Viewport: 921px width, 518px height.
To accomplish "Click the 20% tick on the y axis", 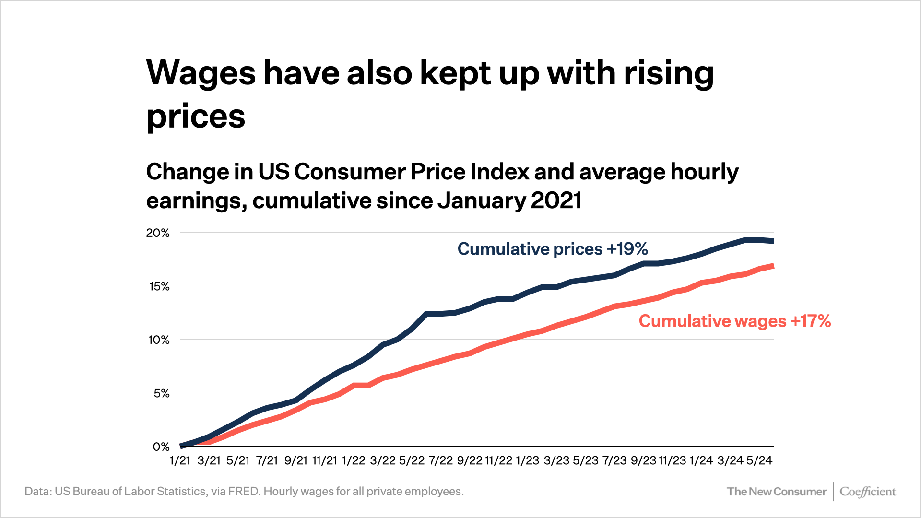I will (x=158, y=233).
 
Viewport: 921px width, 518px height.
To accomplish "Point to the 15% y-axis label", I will (x=159, y=287).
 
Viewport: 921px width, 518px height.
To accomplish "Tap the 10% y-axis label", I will (x=159, y=340).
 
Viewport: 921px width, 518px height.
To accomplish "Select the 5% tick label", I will (x=161, y=394).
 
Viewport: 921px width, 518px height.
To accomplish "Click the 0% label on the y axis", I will (x=161, y=447).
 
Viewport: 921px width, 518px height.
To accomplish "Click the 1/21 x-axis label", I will (x=180, y=461).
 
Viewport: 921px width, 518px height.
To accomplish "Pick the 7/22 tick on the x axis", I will (x=440, y=461).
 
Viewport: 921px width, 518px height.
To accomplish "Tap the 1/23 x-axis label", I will (x=527, y=461).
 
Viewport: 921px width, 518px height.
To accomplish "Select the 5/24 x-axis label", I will (x=759, y=461).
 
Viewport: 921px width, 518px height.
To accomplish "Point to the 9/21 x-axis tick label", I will (x=295, y=461).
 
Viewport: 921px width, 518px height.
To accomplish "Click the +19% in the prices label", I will (x=627, y=249).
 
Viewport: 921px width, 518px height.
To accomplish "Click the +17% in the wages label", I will (x=810, y=321).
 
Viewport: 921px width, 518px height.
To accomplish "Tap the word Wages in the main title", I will (x=201, y=73).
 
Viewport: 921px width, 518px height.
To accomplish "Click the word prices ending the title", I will (x=196, y=117).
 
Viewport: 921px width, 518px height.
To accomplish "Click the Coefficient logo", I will (x=867, y=492).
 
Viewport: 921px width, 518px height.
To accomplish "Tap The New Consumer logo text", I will (x=776, y=492).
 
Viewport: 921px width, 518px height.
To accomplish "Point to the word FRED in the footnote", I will (x=244, y=492).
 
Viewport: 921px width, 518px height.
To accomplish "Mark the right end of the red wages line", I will (x=772, y=266).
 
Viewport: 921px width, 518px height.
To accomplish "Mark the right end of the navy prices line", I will (x=772, y=241).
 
